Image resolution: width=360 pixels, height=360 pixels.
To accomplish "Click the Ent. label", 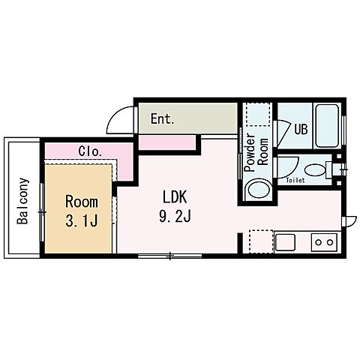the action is [x=162, y=118].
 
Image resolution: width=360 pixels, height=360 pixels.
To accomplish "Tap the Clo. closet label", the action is [x=90, y=151].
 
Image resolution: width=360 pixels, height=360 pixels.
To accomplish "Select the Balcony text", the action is [x=23, y=201].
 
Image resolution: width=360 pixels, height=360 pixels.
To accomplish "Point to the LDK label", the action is [x=175, y=196].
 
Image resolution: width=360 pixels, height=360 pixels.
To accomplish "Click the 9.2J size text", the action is [x=175, y=216].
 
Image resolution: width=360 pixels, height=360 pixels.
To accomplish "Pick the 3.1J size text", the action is [x=82, y=220].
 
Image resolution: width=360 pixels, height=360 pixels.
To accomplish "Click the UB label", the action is [x=301, y=129].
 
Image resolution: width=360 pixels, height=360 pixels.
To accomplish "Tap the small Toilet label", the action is [x=295, y=180].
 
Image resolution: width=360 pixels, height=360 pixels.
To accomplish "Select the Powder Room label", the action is [x=256, y=152].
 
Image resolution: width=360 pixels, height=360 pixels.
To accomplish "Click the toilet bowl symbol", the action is [x=315, y=170].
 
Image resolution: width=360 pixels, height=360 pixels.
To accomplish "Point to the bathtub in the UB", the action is [x=327, y=126].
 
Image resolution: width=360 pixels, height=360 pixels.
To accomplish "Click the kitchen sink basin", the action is [x=285, y=242].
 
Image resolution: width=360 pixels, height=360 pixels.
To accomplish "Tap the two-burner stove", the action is [x=324, y=242].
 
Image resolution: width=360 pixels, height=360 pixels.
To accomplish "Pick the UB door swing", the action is [x=283, y=133].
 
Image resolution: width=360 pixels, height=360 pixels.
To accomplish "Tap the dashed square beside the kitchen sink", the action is [x=261, y=241].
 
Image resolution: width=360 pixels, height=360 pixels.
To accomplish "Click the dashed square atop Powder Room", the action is [x=258, y=114].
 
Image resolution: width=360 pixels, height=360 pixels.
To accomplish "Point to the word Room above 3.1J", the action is [x=82, y=202].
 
